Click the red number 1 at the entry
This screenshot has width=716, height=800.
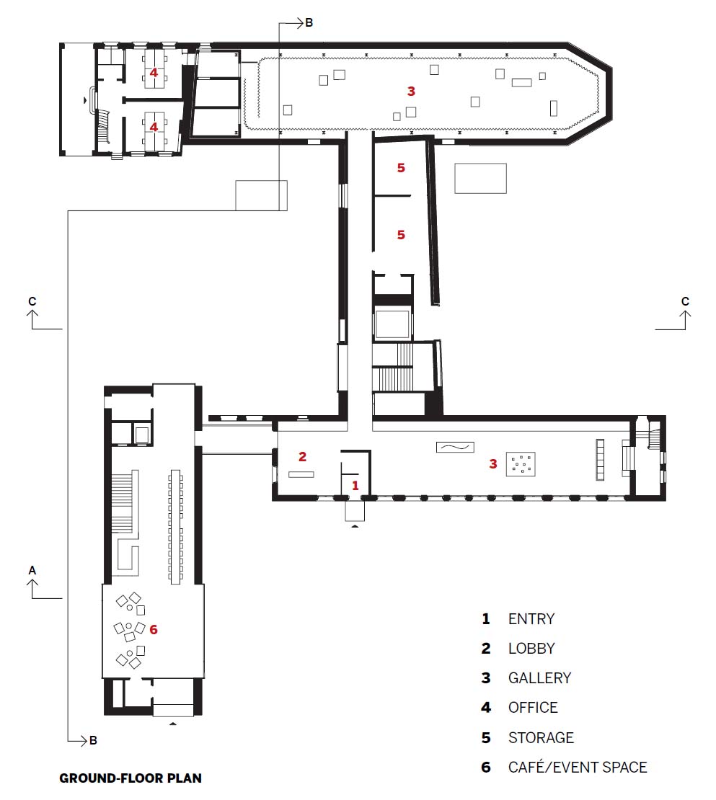(x=355, y=485)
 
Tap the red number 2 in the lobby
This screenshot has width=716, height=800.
(x=303, y=457)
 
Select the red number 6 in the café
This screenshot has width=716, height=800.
(x=154, y=630)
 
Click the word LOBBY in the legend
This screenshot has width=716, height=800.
(x=531, y=649)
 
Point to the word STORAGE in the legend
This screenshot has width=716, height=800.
(x=541, y=738)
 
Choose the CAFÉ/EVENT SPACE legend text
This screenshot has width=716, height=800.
(x=578, y=767)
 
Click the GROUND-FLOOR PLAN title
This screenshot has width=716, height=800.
(x=131, y=778)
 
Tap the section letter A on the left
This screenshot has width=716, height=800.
(x=32, y=570)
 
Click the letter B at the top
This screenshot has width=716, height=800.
(x=309, y=23)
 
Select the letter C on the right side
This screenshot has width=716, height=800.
(x=686, y=301)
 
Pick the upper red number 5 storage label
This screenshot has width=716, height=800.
(x=401, y=168)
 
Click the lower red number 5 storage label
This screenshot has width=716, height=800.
(x=401, y=235)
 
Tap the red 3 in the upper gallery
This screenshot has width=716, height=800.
(x=411, y=92)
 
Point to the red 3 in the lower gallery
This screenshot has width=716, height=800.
(x=493, y=463)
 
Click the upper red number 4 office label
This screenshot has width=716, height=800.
(x=154, y=73)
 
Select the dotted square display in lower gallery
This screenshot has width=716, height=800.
(x=521, y=464)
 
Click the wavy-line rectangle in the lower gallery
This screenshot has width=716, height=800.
(x=455, y=448)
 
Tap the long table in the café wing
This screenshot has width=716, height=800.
(x=175, y=527)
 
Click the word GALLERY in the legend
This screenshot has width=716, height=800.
(x=539, y=678)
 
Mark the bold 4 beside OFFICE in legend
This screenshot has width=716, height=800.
(x=486, y=708)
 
